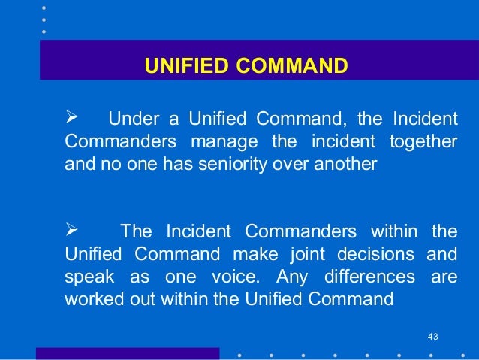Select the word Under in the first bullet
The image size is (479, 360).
coord(128,120)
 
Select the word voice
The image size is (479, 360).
coord(236,276)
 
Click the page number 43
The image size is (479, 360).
coord(432,335)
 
